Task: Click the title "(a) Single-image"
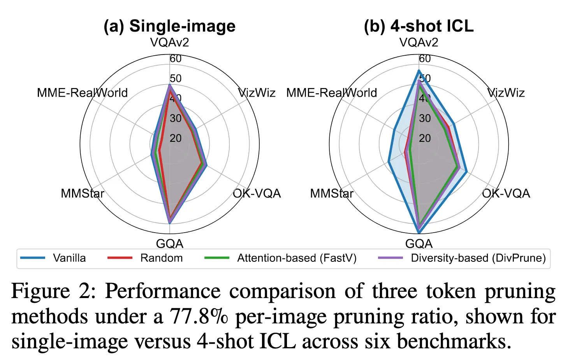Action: pos(169,26)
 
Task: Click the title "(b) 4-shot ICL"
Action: pos(419,26)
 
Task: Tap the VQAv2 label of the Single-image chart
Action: pos(169,42)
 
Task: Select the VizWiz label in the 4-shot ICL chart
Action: pos(506,93)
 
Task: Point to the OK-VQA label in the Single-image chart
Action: pos(257,193)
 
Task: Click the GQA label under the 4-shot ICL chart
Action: pos(419,244)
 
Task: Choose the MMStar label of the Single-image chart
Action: pos(83,193)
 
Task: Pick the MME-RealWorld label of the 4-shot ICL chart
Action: pos(331,93)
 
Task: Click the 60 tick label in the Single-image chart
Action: pos(176,58)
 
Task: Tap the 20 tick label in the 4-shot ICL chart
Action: pos(425,138)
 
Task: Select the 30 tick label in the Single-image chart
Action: pos(176,118)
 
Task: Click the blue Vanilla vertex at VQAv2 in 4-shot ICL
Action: pos(419,71)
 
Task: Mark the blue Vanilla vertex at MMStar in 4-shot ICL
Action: pos(389,162)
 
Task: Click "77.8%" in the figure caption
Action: pos(199,316)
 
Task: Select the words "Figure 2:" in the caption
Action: pos(53,291)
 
